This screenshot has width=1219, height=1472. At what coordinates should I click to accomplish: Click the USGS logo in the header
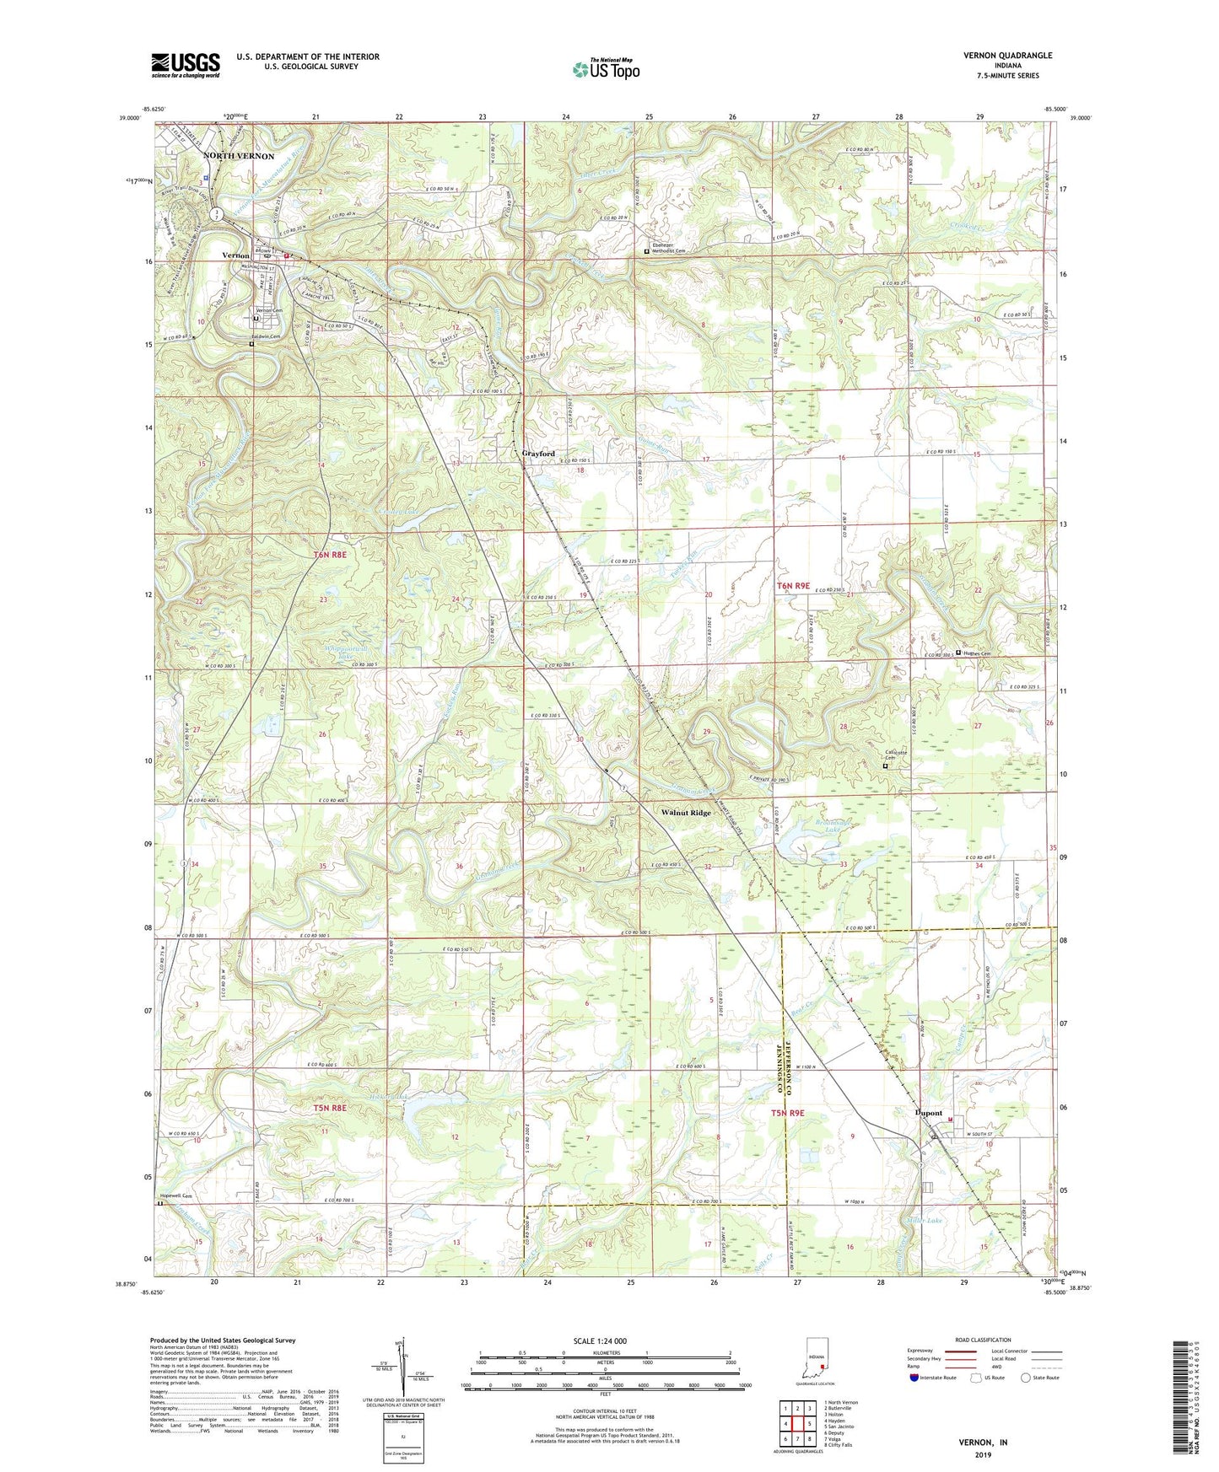click(186, 64)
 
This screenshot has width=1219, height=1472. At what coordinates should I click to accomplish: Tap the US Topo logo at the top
click(605, 69)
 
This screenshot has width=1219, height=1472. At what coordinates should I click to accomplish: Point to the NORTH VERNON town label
click(239, 157)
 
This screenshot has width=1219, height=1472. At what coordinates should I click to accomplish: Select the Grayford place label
click(537, 454)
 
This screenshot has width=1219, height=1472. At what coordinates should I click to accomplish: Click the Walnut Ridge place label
click(686, 814)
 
